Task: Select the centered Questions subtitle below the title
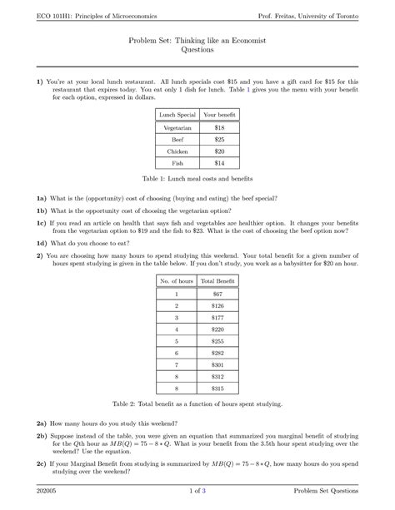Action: coord(197,51)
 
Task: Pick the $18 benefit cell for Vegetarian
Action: coord(219,128)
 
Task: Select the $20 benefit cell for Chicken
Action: coord(219,153)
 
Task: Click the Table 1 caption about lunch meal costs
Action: coord(197,180)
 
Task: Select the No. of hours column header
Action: coord(176,281)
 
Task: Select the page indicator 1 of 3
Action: coord(197,492)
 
